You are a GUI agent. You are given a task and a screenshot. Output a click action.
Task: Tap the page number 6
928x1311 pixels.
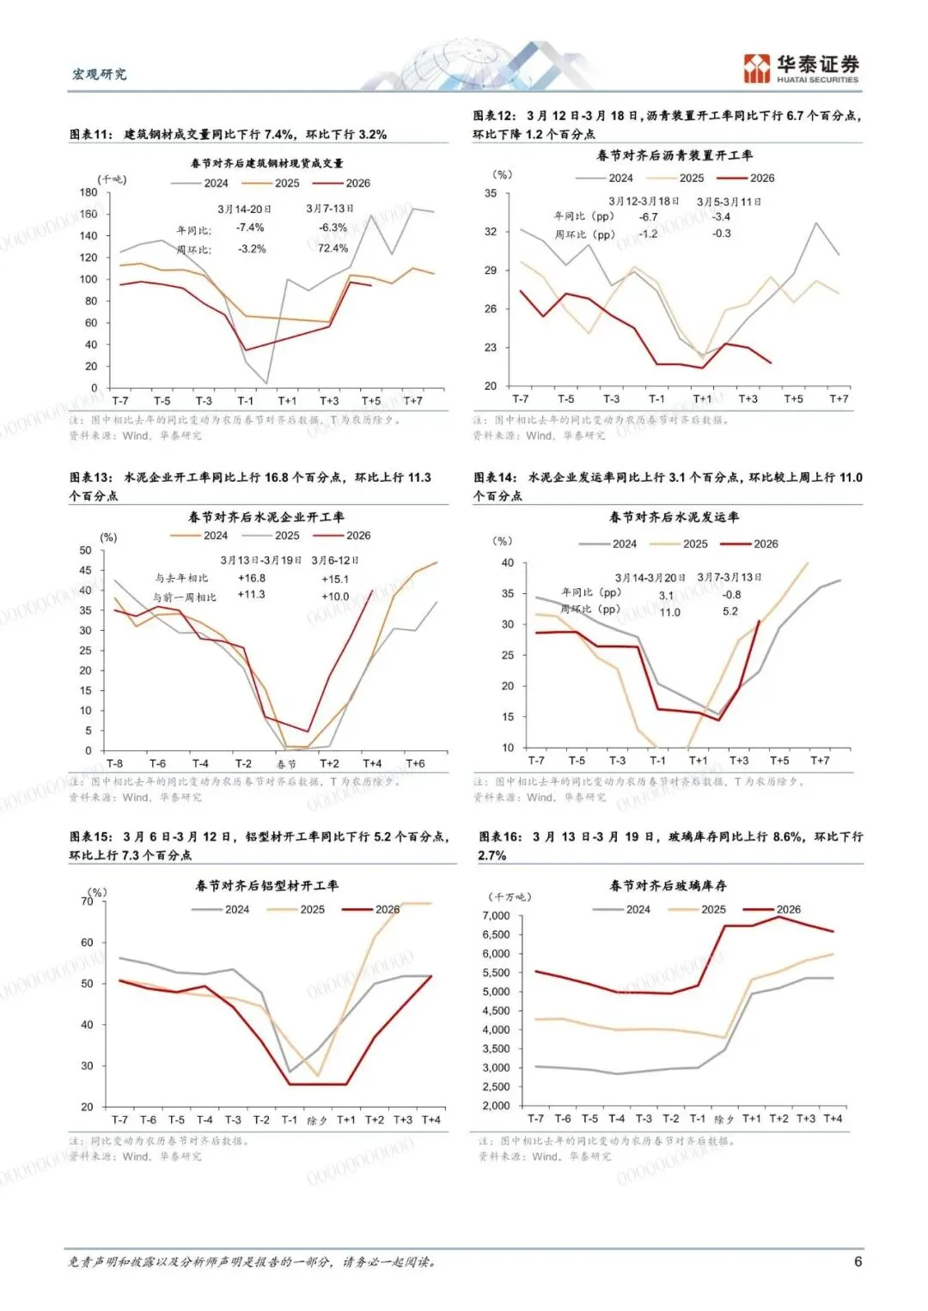(x=858, y=1261)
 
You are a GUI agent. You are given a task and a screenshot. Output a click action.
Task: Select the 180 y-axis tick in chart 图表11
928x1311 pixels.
(x=89, y=192)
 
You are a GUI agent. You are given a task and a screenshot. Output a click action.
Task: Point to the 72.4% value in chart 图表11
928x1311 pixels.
(x=333, y=248)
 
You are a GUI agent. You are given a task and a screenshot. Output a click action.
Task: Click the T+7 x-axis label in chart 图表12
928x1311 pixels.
(x=839, y=399)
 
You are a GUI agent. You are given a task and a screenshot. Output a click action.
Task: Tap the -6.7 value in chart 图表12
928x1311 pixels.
(x=649, y=216)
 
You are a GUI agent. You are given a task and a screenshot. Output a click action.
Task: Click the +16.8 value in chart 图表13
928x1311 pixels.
(x=252, y=579)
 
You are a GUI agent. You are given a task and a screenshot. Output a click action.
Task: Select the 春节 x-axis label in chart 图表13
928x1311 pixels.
(x=286, y=764)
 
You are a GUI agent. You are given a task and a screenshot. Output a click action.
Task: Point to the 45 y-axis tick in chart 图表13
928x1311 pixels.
(x=85, y=570)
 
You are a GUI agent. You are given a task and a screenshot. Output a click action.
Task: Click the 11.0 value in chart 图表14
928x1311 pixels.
(x=669, y=612)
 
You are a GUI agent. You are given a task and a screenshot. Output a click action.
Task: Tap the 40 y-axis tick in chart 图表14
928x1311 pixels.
(x=508, y=563)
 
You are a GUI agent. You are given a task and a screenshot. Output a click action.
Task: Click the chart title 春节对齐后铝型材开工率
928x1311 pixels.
(x=266, y=885)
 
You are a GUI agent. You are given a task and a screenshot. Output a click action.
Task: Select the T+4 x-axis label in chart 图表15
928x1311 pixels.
(x=430, y=1120)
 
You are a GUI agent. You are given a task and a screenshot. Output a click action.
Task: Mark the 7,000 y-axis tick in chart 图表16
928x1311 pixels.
(x=496, y=915)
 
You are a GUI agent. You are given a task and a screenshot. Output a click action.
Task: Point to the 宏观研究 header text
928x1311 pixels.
(x=99, y=74)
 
